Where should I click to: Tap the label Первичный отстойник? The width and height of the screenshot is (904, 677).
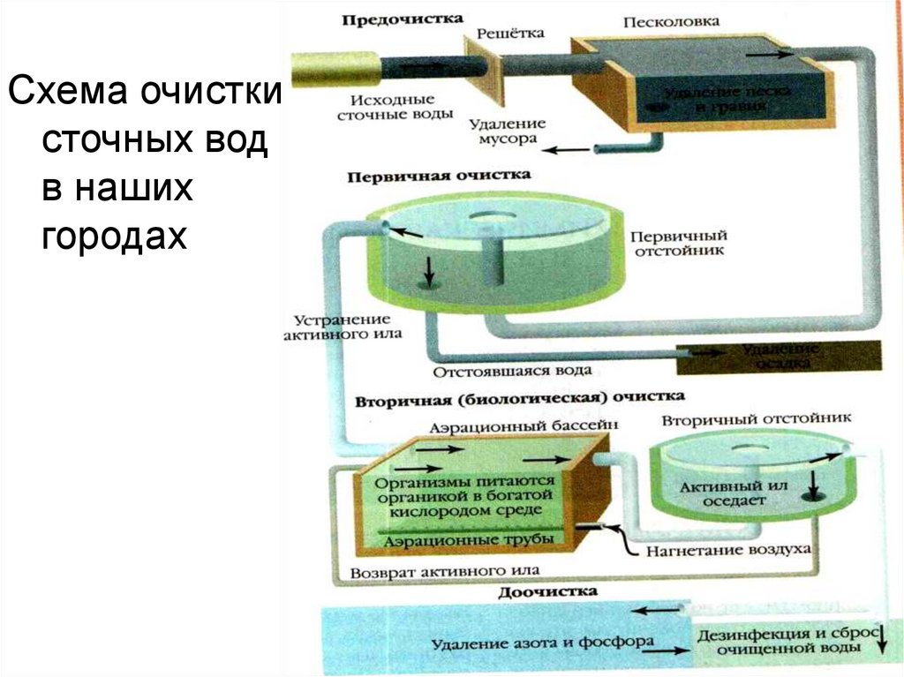(678, 243)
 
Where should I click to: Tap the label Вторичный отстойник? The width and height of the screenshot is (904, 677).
(757, 417)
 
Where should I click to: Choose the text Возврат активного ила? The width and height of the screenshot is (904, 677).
(445, 570)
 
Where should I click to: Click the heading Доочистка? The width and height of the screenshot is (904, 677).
(547, 591)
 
